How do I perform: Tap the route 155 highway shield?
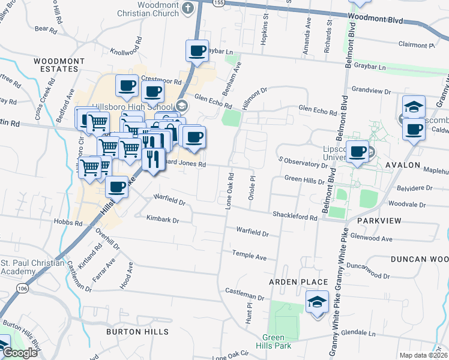click(x=219, y=2)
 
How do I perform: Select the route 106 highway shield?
click(x=22, y=289)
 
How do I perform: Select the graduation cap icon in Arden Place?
click(x=316, y=302)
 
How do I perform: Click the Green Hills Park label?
click(x=273, y=341)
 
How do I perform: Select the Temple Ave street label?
click(x=249, y=256)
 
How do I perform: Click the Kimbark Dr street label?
click(x=163, y=220)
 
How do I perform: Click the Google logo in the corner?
click(x=20, y=353)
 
